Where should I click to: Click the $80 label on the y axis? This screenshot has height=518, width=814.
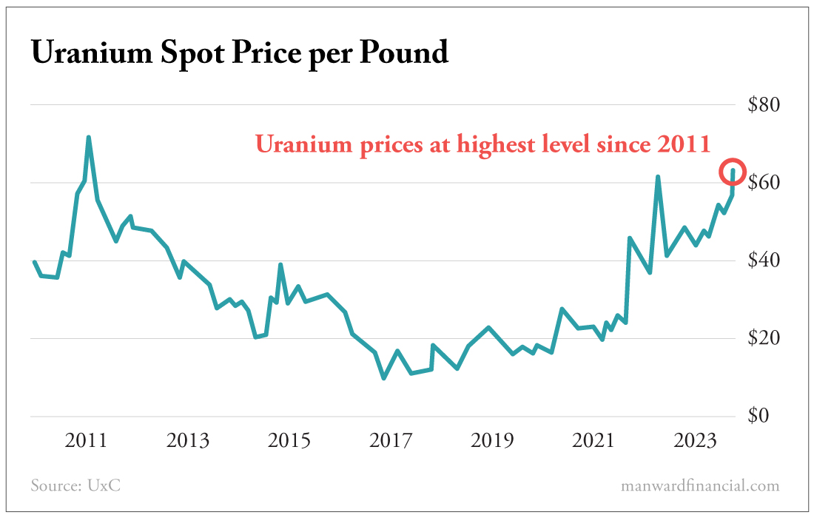coord(764,104)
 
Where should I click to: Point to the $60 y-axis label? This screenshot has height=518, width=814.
coord(764,182)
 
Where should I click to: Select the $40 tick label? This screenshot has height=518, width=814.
coord(764,260)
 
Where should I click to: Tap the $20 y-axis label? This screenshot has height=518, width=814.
coord(764,338)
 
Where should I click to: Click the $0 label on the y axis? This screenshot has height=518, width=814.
coord(759,416)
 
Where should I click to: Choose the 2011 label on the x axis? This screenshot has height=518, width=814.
coord(87,441)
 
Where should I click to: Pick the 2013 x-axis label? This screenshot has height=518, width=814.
coord(188,441)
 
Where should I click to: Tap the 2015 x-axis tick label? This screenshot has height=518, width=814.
coord(289,441)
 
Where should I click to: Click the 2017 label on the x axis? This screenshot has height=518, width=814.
coord(391,441)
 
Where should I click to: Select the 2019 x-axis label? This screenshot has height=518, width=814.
coord(492,441)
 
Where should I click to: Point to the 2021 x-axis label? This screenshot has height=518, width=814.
coord(593,441)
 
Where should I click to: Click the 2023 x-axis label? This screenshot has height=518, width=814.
coord(695,441)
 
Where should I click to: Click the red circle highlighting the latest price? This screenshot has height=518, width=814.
coord(733,172)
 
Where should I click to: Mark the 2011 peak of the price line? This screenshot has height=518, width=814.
coord(88,138)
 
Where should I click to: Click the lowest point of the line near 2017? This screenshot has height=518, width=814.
coord(383,378)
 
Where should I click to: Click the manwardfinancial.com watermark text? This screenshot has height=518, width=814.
coord(700,486)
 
